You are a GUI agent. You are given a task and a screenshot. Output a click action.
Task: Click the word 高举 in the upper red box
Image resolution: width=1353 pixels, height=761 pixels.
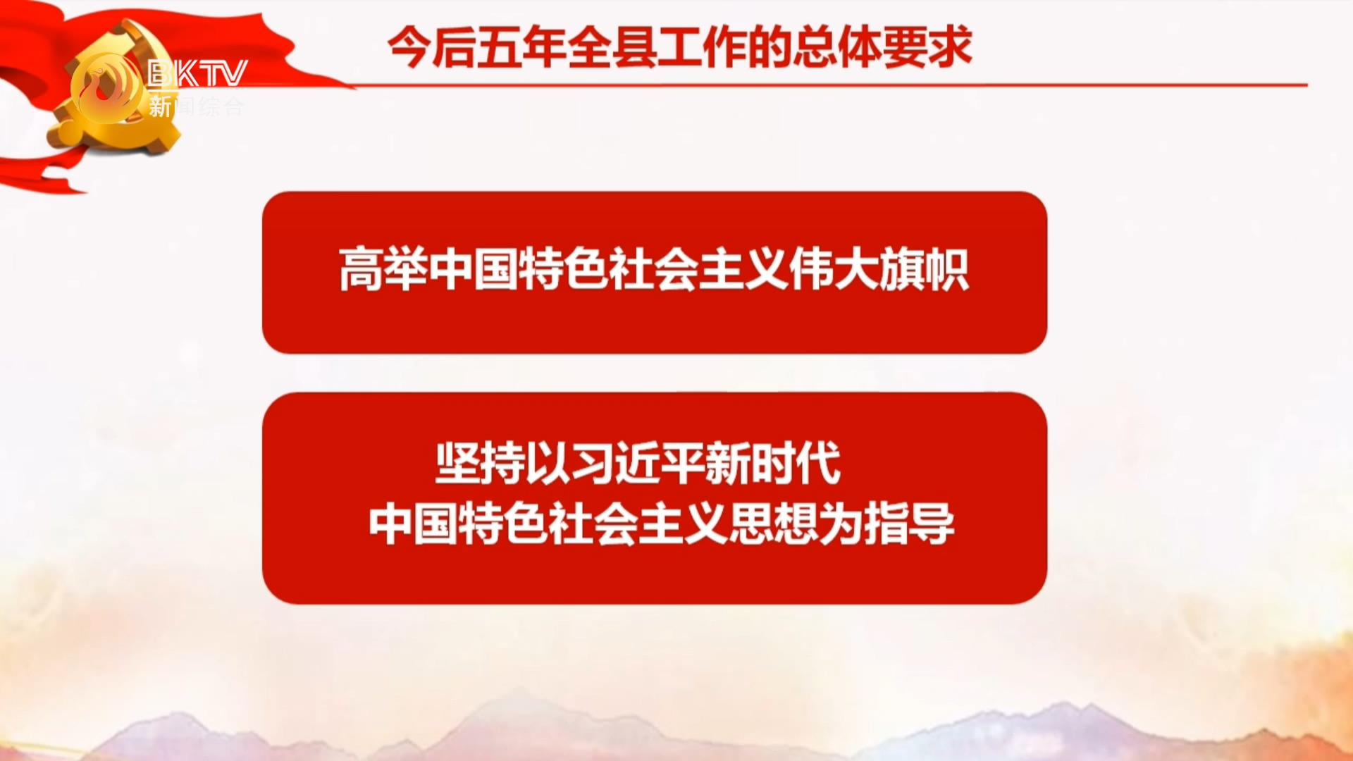click(383, 270)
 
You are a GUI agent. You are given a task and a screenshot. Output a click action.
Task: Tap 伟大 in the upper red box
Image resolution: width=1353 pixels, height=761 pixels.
click(834, 270)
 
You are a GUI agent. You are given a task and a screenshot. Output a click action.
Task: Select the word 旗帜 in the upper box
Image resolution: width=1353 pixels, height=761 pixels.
click(924, 270)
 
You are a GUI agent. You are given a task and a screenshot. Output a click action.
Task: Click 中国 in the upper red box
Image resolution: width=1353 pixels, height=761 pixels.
click(473, 270)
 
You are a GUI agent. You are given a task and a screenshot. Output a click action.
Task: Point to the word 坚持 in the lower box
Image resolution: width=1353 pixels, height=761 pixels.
click(480, 464)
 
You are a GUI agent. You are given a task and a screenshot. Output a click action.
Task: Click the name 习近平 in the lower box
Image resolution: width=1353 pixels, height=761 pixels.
click(638, 464)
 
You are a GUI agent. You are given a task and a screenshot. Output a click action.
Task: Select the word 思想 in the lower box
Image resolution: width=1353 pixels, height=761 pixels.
click(774, 524)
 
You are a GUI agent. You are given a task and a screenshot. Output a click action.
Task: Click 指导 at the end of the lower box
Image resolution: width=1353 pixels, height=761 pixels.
click(910, 524)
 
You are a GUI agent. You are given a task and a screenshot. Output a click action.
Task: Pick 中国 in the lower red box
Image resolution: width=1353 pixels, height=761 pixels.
click(413, 524)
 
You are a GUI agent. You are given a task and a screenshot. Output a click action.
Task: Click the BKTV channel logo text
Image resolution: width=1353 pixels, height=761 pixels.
click(197, 73)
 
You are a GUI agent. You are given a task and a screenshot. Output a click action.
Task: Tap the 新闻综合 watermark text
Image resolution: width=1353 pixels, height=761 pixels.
click(196, 106)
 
